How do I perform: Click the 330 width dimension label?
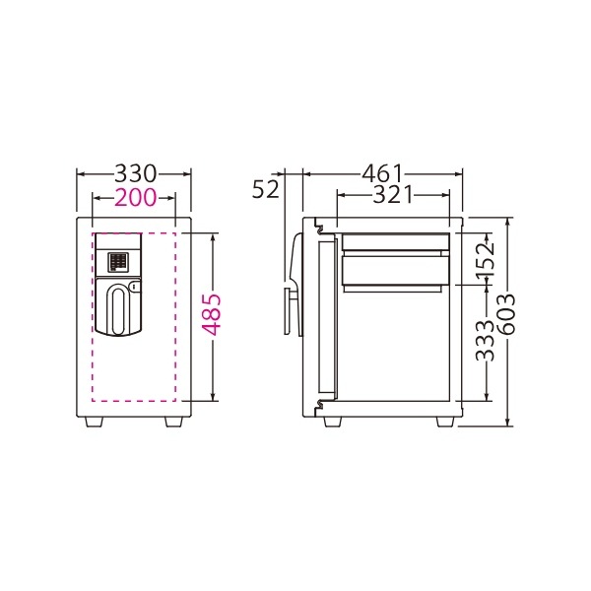click(135, 173)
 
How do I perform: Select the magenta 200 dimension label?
click(135, 197)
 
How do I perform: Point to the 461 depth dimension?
click(382, 173)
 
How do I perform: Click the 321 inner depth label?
click(393, 195)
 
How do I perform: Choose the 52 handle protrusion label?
click(266, 189)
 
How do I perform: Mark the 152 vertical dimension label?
click(485, 260)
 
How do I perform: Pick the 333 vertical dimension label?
click(485, 341)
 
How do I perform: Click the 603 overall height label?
click(505, 314)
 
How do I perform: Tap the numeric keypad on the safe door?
click(118, 262)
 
